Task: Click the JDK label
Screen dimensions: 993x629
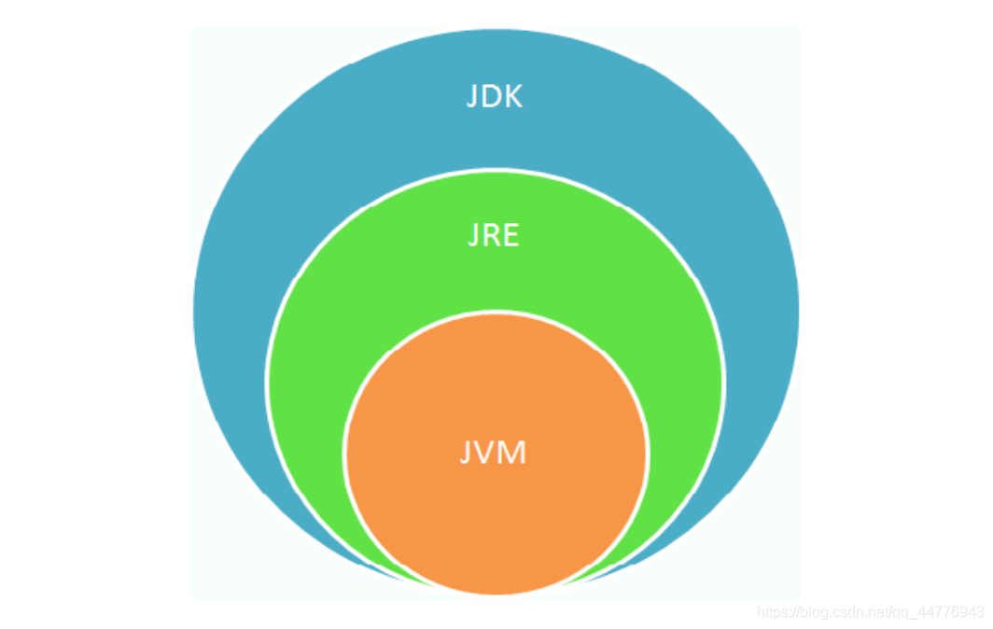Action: tap(495, 96)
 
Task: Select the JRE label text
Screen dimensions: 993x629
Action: tap(493, 235)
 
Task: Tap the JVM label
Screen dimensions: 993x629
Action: tap(494, 453)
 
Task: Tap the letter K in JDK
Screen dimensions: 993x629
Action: tap(513, 96)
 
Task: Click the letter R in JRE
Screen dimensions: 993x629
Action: tap(491, 235)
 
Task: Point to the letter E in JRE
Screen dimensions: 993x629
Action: tap(510, 235)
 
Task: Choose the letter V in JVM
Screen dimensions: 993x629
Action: tap(486, 453)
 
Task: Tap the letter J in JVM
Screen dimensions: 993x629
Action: tap(466, 454)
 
